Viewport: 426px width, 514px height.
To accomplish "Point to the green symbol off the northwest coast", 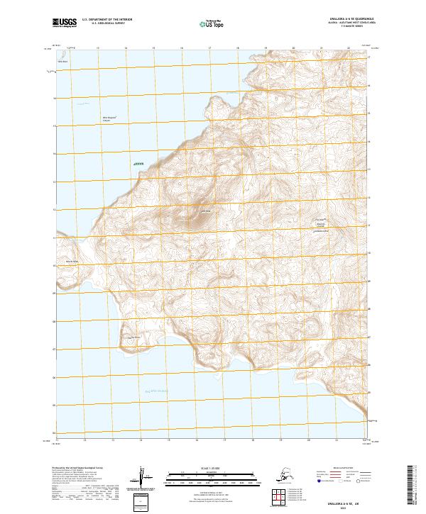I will (x=138, y=164).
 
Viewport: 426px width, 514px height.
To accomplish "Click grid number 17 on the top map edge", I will (x=209, y=48).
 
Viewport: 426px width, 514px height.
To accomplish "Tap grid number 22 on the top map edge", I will (x=349, y=48).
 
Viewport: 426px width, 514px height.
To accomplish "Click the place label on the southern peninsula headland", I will (x=129, y=336).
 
